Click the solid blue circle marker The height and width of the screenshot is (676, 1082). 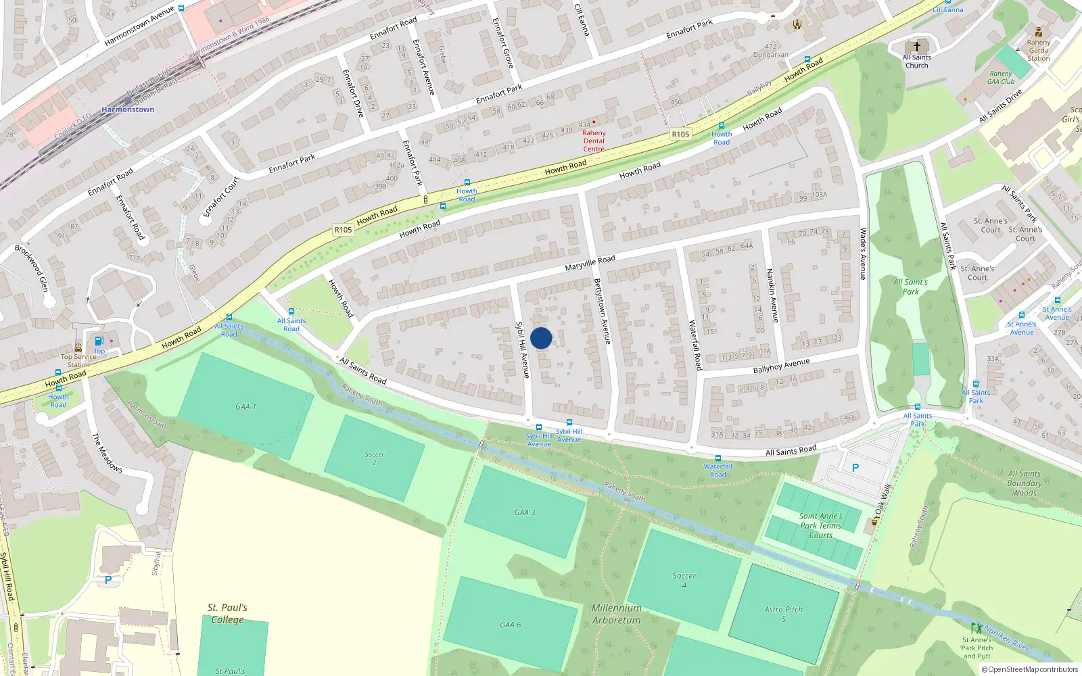541,338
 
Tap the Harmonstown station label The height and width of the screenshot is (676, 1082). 128,110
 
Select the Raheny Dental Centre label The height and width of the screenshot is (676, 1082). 594,141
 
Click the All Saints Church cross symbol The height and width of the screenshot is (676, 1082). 917,47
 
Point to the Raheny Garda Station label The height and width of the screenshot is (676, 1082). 1039,50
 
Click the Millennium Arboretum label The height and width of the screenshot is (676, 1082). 616,614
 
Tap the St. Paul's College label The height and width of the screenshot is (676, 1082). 227,613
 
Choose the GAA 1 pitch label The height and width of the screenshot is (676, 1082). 245,407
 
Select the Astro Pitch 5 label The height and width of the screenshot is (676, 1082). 784,614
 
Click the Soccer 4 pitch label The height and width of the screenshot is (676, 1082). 684,580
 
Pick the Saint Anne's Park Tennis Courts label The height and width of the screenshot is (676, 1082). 821,525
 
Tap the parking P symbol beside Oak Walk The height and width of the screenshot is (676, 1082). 855,468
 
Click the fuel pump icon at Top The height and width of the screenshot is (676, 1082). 99,341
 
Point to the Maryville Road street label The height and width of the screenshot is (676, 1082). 590,263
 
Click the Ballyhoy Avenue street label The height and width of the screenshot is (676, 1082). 781,366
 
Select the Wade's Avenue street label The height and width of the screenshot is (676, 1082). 863,254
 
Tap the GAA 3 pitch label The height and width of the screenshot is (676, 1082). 524,512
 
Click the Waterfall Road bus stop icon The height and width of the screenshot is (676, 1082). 718,458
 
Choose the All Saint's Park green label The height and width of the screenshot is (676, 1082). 910,287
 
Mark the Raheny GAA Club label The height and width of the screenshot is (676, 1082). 1001,78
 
